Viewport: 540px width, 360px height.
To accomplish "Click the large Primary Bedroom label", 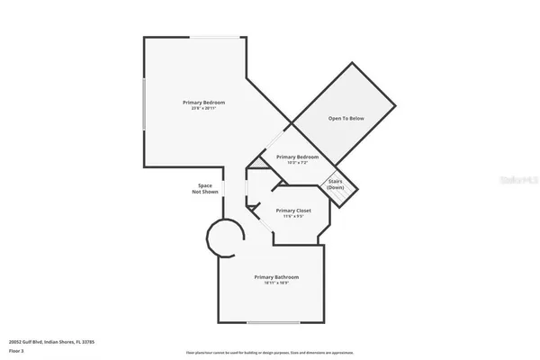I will pyautogui.click(x=203, y=102).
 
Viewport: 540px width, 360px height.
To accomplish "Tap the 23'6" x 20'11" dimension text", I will pyautogui.click(x=203, y=109).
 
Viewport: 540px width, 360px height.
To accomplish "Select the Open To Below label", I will pyautogui.click(x=346, y=118).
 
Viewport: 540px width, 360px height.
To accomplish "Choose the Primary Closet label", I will pyautogui.click(x=293, y=211).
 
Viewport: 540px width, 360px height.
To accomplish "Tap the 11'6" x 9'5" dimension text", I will pyautogui.click(x=293, y=217).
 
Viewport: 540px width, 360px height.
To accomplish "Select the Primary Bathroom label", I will pyautogui.click(x=276, y=276).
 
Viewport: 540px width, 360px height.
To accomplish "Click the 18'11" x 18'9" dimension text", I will pyautogui.click(x=276, y=283).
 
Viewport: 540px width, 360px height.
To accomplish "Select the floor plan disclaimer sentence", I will pyautogui.click(x=270, y=352).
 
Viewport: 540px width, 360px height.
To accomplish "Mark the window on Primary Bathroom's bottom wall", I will pyautogui.click(x=274, y=322).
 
